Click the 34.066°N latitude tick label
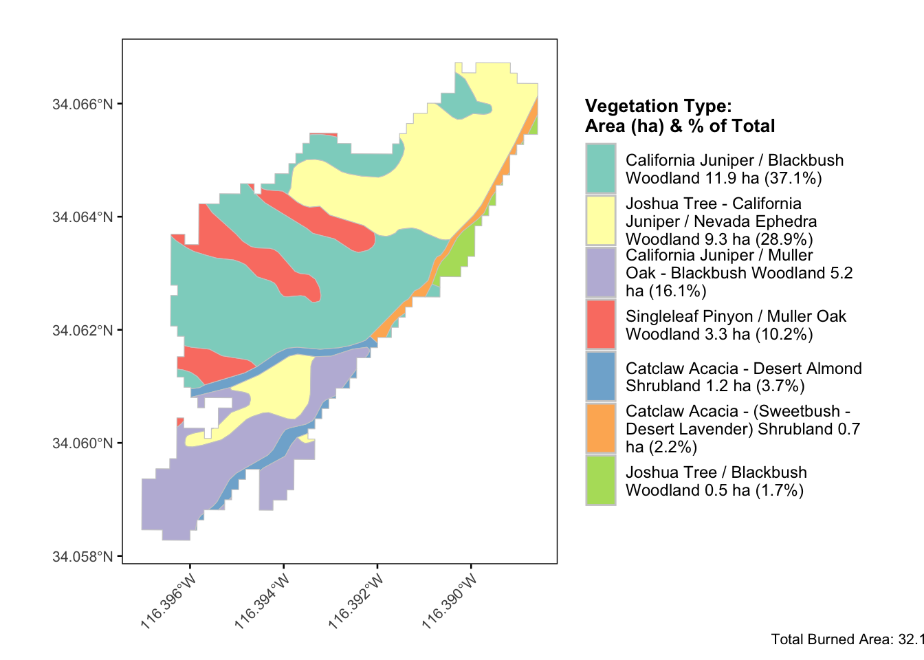coord(82,104)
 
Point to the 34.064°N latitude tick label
coord(82,217)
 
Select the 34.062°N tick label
coord(82,330)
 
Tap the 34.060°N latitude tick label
coord(82,443)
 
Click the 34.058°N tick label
coord(82,556)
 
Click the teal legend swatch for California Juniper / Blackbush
coord(600,168)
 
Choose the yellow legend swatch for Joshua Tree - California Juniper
coord(600,221)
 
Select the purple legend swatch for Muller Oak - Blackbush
coord(600,273)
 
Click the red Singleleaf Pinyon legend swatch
coord(600,324)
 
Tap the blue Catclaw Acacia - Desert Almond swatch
coord(600,377)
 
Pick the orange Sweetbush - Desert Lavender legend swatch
coord(600,428)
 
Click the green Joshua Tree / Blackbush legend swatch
coord(600,481)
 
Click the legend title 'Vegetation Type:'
coord(658,106)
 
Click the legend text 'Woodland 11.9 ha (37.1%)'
coord(723,178)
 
